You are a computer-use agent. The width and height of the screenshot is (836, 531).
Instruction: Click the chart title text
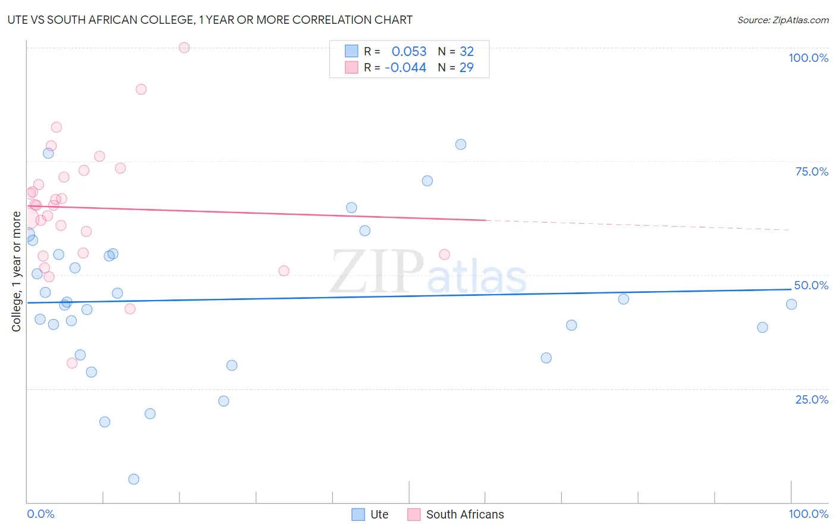(x=210, y=20)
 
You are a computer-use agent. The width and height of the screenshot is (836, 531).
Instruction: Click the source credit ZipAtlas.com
(x=782, y=20)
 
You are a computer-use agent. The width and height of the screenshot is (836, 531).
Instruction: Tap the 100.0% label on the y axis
(x=808, y=58)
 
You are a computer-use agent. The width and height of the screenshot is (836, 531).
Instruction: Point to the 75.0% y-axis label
(x=812, y=171)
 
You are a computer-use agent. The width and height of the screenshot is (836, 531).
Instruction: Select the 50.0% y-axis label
(x=811, y=285)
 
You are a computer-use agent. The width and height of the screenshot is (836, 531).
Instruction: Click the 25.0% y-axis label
(x=812, y=399)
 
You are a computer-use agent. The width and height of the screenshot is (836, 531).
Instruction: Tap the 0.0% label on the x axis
(x=40, y=514)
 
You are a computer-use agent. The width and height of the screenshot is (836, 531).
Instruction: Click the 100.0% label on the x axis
(x=808, y=514)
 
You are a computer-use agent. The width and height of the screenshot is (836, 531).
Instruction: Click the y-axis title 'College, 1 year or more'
(x=17, y=271)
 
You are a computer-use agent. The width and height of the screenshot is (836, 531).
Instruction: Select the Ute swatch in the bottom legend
(x=358, y=514)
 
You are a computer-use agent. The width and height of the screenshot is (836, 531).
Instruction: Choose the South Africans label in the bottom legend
(x=464, y=514)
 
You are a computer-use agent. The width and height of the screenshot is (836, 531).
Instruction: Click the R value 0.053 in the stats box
(x=408, y=52)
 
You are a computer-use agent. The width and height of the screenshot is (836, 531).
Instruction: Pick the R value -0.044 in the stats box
(x=406, y=68)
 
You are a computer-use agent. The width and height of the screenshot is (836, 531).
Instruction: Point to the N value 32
(x=467, y=52)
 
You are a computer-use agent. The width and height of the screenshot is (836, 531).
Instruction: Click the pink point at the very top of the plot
(x=184, y=48)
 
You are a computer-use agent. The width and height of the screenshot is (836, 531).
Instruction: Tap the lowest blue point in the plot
(x=134, y=479)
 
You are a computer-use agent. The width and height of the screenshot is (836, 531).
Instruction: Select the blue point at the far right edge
(x=791, y=304)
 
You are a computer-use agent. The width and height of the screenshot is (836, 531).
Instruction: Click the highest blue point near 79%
(x=461, y=145)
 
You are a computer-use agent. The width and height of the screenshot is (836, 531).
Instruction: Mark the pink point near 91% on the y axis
(x=141, y=89)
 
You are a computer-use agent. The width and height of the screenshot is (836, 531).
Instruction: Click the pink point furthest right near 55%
(x=444, y=255)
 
